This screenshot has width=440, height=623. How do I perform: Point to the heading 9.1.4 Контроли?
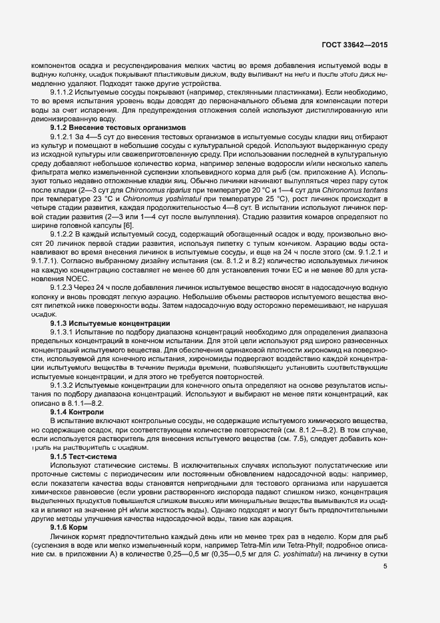click(x=77, y=413)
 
